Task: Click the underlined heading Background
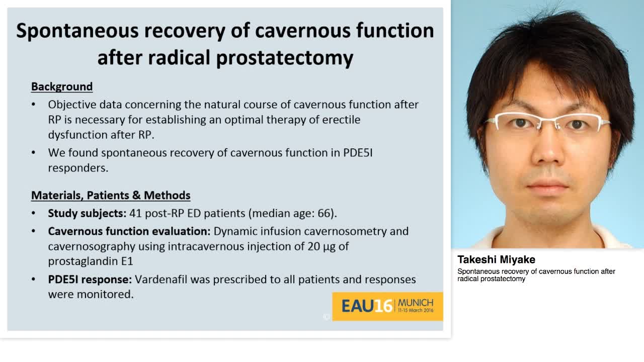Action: point(62,86)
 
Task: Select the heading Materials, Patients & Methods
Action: point(111,195)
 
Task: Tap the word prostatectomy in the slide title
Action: point(284,58)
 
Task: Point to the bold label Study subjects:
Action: point(87,213)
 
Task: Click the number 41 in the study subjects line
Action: point(135,213)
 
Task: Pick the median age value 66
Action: point(325,213)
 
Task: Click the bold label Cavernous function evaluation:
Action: point(129,231)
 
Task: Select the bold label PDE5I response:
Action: point(90,279)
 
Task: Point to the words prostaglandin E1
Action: point(91,261)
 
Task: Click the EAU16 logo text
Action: point(367,306)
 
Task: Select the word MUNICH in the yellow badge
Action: point(416,303)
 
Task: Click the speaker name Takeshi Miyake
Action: point(496,259)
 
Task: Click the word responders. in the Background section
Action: point(78,168)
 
